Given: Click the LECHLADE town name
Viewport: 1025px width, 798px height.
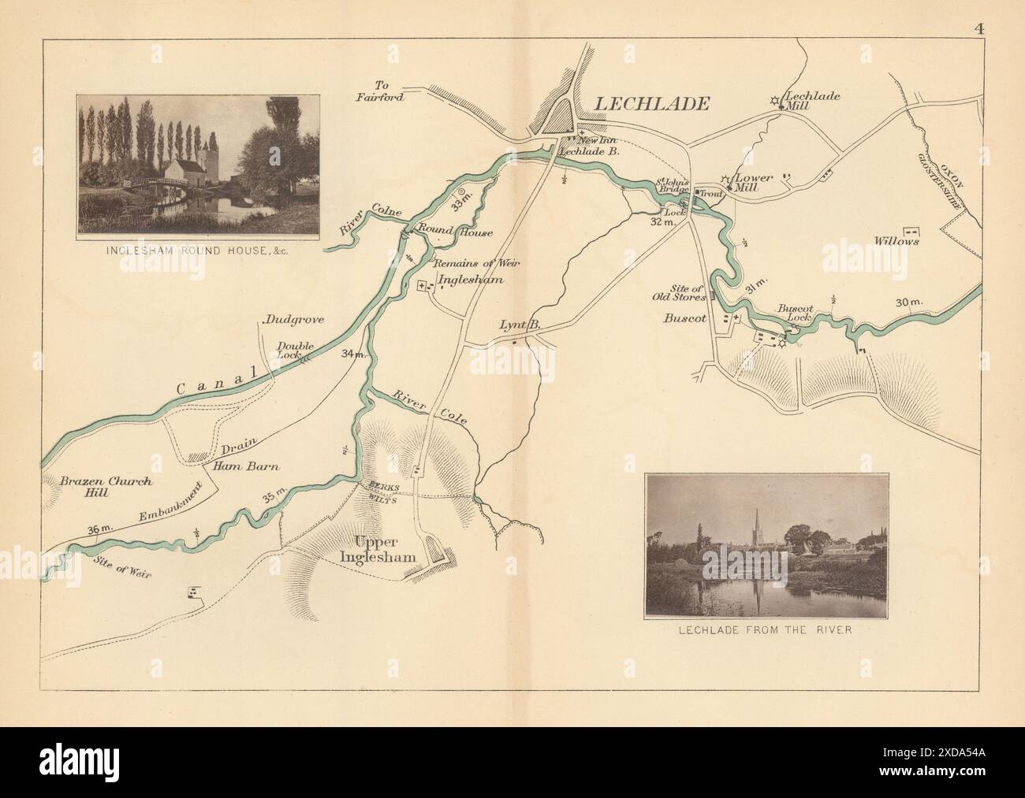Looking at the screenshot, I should tap(650, 103).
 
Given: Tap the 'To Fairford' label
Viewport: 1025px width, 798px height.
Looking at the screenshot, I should tap(389, 91).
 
